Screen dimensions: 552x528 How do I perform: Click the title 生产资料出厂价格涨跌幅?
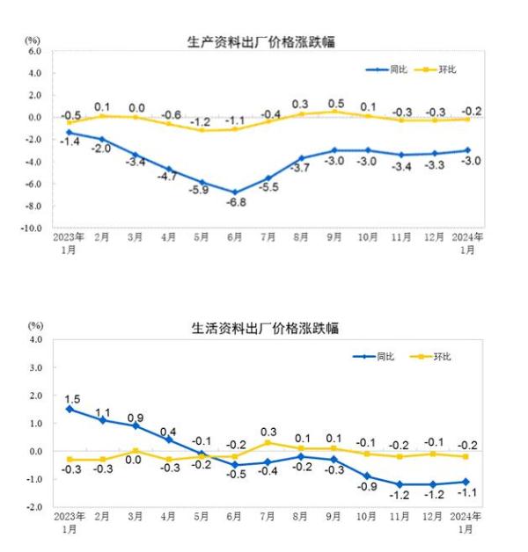(x=262, y=41)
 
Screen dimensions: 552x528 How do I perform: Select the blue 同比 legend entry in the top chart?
(x=392, y=69)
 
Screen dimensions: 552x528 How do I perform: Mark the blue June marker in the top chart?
(x=234, y=192)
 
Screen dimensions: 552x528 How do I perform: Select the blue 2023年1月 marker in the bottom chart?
(x=69, y=409)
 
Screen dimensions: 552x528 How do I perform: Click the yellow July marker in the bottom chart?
(x=268, y=442)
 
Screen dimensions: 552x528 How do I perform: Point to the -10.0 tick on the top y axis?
(x=32, y=228)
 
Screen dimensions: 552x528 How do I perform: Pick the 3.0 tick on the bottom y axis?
(x=36, y=367)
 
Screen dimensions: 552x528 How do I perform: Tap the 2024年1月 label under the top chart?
(x=467, y=243)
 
